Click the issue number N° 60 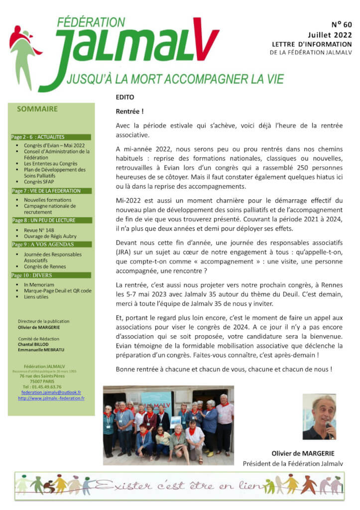340,25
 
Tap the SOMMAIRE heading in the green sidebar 37,109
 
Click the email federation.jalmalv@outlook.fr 51,392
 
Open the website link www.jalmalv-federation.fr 51,398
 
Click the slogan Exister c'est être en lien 179,485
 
